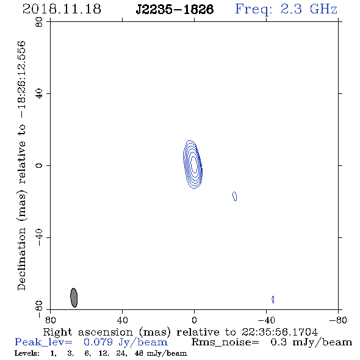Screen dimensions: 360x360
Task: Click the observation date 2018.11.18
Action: tap(62, 9)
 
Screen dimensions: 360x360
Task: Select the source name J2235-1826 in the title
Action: tap(175, 9)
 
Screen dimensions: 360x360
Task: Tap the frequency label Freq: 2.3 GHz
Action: tap(286, 10)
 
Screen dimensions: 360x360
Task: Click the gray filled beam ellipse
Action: tap(74, 298)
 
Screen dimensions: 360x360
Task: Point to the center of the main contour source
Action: tap(193, 165)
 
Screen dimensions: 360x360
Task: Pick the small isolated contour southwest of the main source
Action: tap(235, 196)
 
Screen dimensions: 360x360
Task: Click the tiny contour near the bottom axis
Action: tap(273, 300)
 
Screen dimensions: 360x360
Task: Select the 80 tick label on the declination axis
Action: tap(39, 22)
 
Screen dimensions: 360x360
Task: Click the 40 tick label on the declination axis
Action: tap(39, 94)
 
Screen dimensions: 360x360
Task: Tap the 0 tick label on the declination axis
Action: tap(39, 165)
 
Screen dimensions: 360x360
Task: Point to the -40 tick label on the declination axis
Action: tap(39, 237)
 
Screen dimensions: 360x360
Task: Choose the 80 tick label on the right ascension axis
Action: tap(50, 320)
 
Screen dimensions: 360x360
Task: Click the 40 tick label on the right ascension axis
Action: tap(123, 320)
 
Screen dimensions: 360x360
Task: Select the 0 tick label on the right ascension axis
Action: tap(194, 320)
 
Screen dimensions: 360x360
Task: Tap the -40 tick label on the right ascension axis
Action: tap(266, 320)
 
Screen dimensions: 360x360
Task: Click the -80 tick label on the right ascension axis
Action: tap(338, 320)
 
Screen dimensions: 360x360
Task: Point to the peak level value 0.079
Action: tap(98, 342)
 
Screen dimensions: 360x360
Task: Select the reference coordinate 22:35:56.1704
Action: tap(279, 332)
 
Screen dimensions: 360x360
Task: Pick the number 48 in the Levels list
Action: tap(139, 353)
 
